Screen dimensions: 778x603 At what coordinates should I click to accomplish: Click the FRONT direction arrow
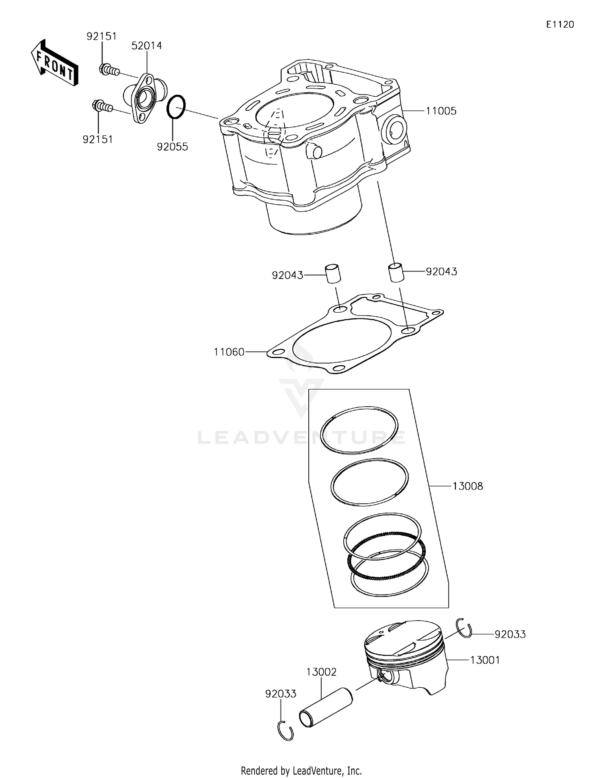point(54,63)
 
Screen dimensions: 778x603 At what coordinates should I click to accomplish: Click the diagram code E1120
point(560,24)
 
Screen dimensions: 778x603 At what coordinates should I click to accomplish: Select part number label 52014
point(147,46)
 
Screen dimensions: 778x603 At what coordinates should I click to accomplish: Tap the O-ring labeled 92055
point(176,107)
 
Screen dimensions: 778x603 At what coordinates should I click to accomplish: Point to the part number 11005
point(441,111)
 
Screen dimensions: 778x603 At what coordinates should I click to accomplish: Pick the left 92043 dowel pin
point(332,273)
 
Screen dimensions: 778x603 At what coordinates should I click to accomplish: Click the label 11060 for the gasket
point(229,352)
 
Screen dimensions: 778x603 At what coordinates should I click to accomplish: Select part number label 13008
point(468,486)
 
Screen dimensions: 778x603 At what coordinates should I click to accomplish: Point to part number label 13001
point(485,660)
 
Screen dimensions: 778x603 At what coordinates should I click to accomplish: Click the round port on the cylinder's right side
point(394,128)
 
